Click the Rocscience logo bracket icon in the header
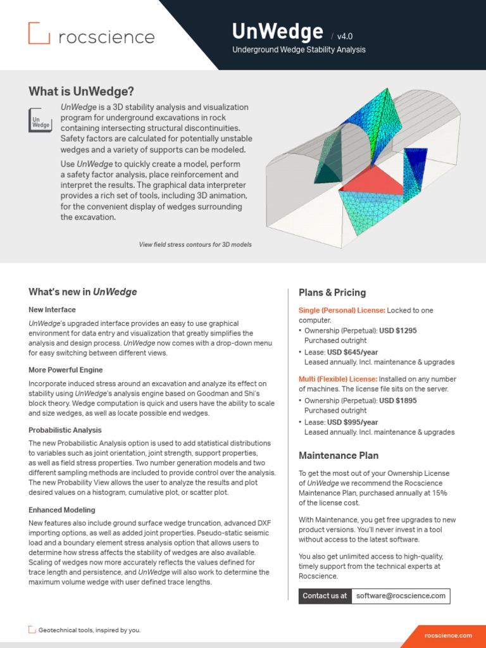[39, 34]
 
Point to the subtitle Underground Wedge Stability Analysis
[299, 50]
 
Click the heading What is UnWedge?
[81, 91]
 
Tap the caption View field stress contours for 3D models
[195, 244]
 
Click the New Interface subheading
[52, 309]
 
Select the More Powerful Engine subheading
[65, 370]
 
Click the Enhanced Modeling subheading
[62, 509]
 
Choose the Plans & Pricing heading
[332, 292]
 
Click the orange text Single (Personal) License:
[342, 310]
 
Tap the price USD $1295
[397, 330]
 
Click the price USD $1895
[397, 401]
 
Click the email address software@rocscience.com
[401, 595]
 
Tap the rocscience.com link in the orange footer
[448, 635]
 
